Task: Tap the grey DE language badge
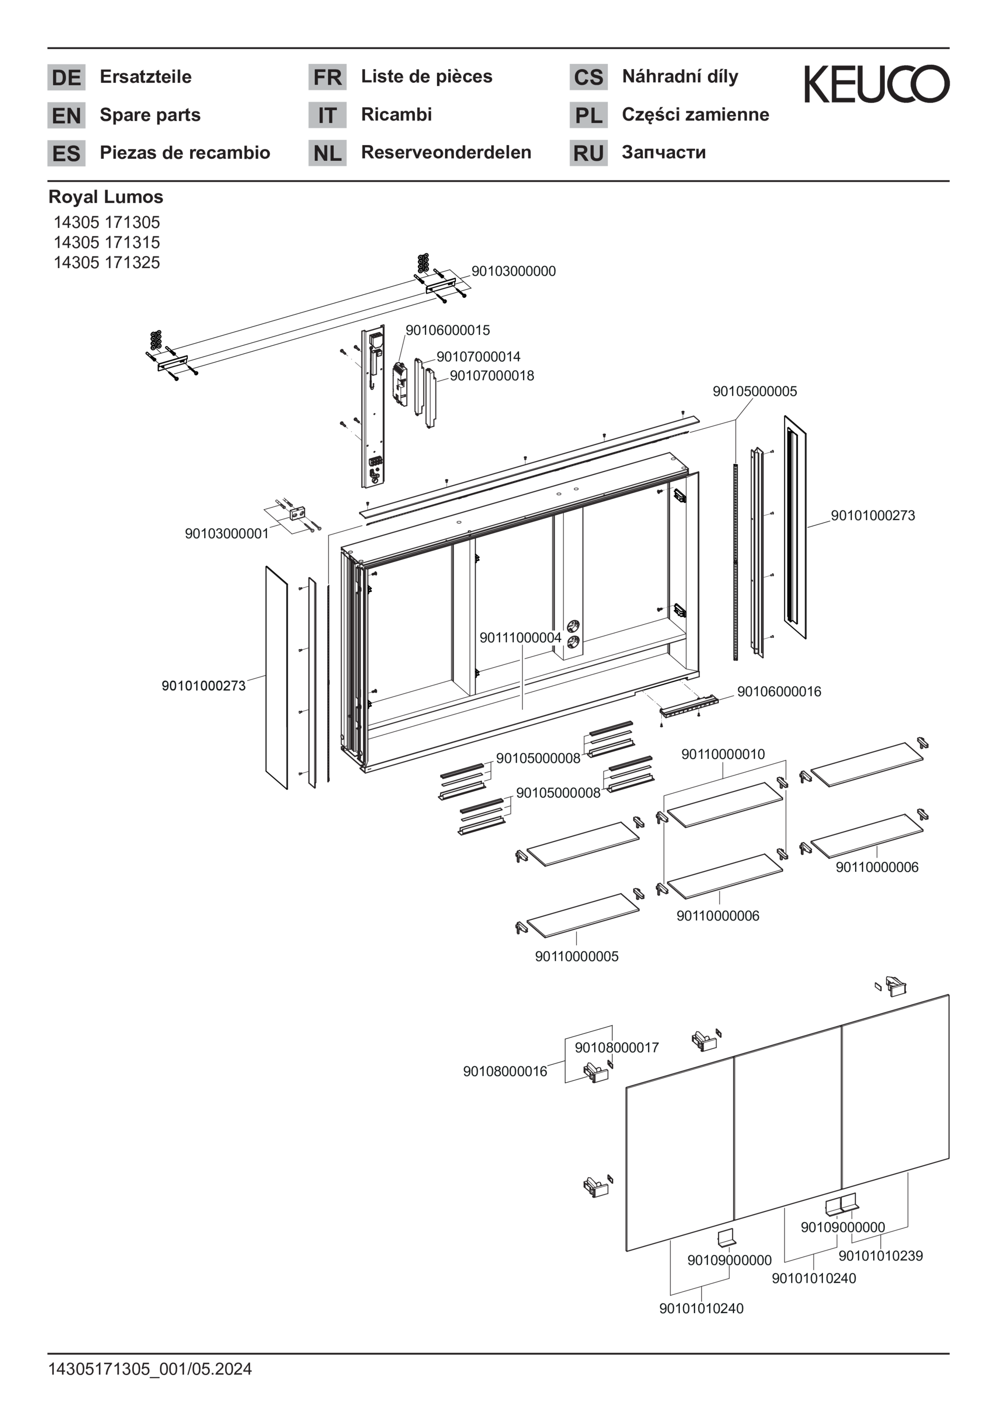click(66, 78)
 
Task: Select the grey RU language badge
click(588, 153)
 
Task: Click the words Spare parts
click(150, 115)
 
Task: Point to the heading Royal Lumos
click(105, 197)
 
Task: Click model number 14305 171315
click(106, 242)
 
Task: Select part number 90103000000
click(513, 271)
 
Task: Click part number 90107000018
click(491, 375)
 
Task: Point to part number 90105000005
click(754, 391)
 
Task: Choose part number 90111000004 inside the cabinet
click(520, 637)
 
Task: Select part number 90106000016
click(778, 691)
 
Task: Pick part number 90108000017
click(616, 1048)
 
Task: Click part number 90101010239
click(880, 1256)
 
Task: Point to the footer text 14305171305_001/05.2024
click(150, 1369)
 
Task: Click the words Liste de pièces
click(426, 76)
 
